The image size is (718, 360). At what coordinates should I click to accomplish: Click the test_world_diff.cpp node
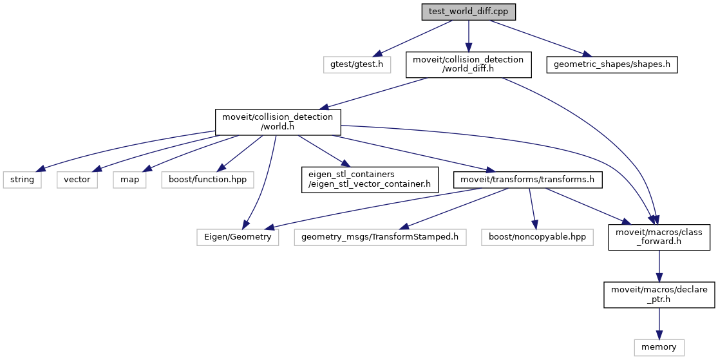468,12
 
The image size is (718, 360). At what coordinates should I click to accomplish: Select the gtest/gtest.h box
357,64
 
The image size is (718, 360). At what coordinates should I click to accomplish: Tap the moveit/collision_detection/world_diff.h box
468,64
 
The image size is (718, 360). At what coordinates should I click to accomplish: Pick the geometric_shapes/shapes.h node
612,64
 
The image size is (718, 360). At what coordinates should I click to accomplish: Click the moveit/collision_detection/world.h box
278,122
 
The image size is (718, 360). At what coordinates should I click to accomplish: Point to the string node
22,180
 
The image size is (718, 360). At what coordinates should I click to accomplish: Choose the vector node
77,180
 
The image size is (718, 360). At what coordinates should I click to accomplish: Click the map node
129,180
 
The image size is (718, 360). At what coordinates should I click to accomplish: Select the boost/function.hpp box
207,180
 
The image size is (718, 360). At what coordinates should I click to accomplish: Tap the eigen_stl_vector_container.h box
370,180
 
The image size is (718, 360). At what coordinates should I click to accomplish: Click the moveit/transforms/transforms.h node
527,180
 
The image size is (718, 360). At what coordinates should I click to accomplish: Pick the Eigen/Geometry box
238,237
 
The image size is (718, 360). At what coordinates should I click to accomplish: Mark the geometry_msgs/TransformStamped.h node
380,237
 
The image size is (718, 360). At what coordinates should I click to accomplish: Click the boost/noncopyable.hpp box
537,237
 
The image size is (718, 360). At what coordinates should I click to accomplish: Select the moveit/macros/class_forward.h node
659,237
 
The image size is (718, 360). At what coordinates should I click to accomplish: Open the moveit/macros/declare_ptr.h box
659,295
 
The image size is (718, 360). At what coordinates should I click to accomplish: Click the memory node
659,347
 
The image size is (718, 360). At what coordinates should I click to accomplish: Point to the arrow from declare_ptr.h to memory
659,323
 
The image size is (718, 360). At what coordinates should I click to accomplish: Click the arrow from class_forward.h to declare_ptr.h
659,266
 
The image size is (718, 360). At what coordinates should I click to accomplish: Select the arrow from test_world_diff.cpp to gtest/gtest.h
416,38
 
